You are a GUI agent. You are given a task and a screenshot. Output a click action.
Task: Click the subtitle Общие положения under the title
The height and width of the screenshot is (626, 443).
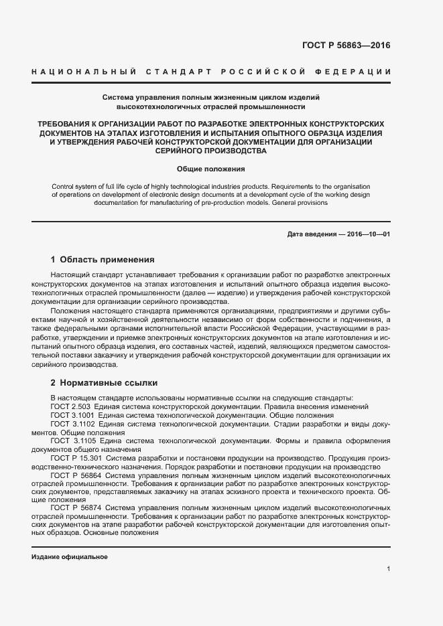tap(211, 169)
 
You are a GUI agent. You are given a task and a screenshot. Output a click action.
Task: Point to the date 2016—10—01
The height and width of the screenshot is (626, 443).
tap(367, 234)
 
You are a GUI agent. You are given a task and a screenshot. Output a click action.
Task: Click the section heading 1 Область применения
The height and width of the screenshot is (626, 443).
tap(103, 259)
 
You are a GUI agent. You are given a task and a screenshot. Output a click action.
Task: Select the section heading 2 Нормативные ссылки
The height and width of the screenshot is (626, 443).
tap(104, 383)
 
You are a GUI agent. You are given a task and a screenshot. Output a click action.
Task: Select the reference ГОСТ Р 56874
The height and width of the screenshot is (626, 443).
tap(76, 508)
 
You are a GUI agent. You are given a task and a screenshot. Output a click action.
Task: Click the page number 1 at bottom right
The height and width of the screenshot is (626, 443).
tap(388, 569)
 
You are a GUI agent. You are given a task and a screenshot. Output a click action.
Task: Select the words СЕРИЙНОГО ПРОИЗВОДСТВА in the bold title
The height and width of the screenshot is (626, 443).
tap(211, 151)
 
